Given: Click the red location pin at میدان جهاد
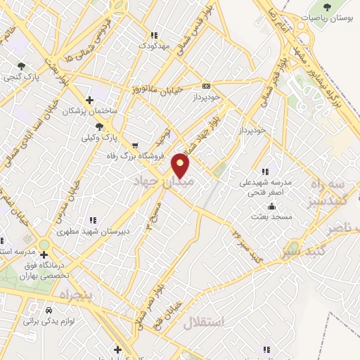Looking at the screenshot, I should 181,165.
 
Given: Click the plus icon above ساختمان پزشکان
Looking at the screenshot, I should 89,100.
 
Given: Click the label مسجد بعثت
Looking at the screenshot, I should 276,217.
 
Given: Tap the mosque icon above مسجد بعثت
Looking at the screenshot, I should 272,206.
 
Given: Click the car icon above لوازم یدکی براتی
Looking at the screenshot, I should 49,309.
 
